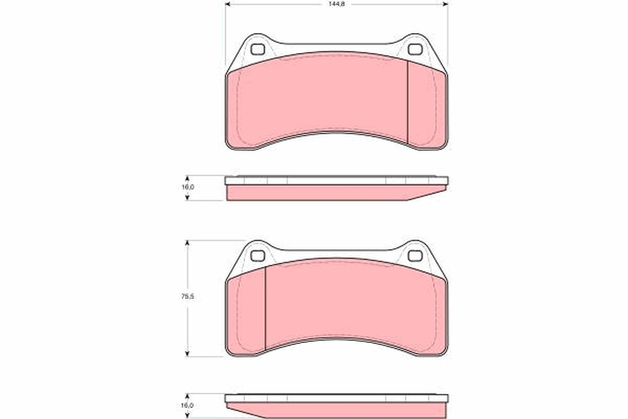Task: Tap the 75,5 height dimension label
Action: pos(188,296)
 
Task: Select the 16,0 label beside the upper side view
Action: pos(188,188)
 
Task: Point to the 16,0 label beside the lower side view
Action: pos(188,405)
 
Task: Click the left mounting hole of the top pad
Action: pos(257,50)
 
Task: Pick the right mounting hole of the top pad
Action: pos(414,50)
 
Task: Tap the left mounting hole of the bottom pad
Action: pos(257,256)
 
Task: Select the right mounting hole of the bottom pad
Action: pos(414,256)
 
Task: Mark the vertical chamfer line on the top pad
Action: pos(407,102)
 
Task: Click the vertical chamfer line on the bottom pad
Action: pos(265,309)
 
